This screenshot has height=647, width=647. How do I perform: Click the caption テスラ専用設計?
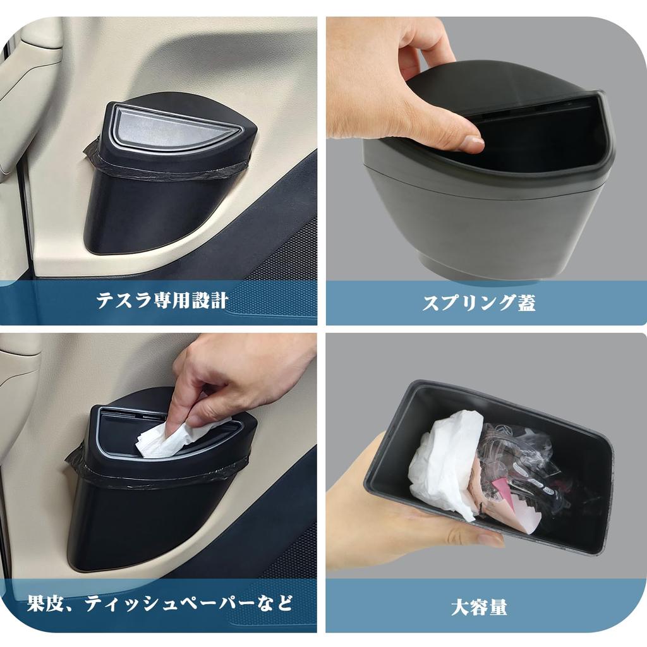[x=162, y=300]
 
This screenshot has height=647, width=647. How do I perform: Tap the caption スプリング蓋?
[x=479, y=303]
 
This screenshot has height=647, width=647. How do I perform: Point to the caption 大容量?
[x=479, y=607]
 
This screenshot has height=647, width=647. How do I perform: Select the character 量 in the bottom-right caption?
[x=498, y=607]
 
